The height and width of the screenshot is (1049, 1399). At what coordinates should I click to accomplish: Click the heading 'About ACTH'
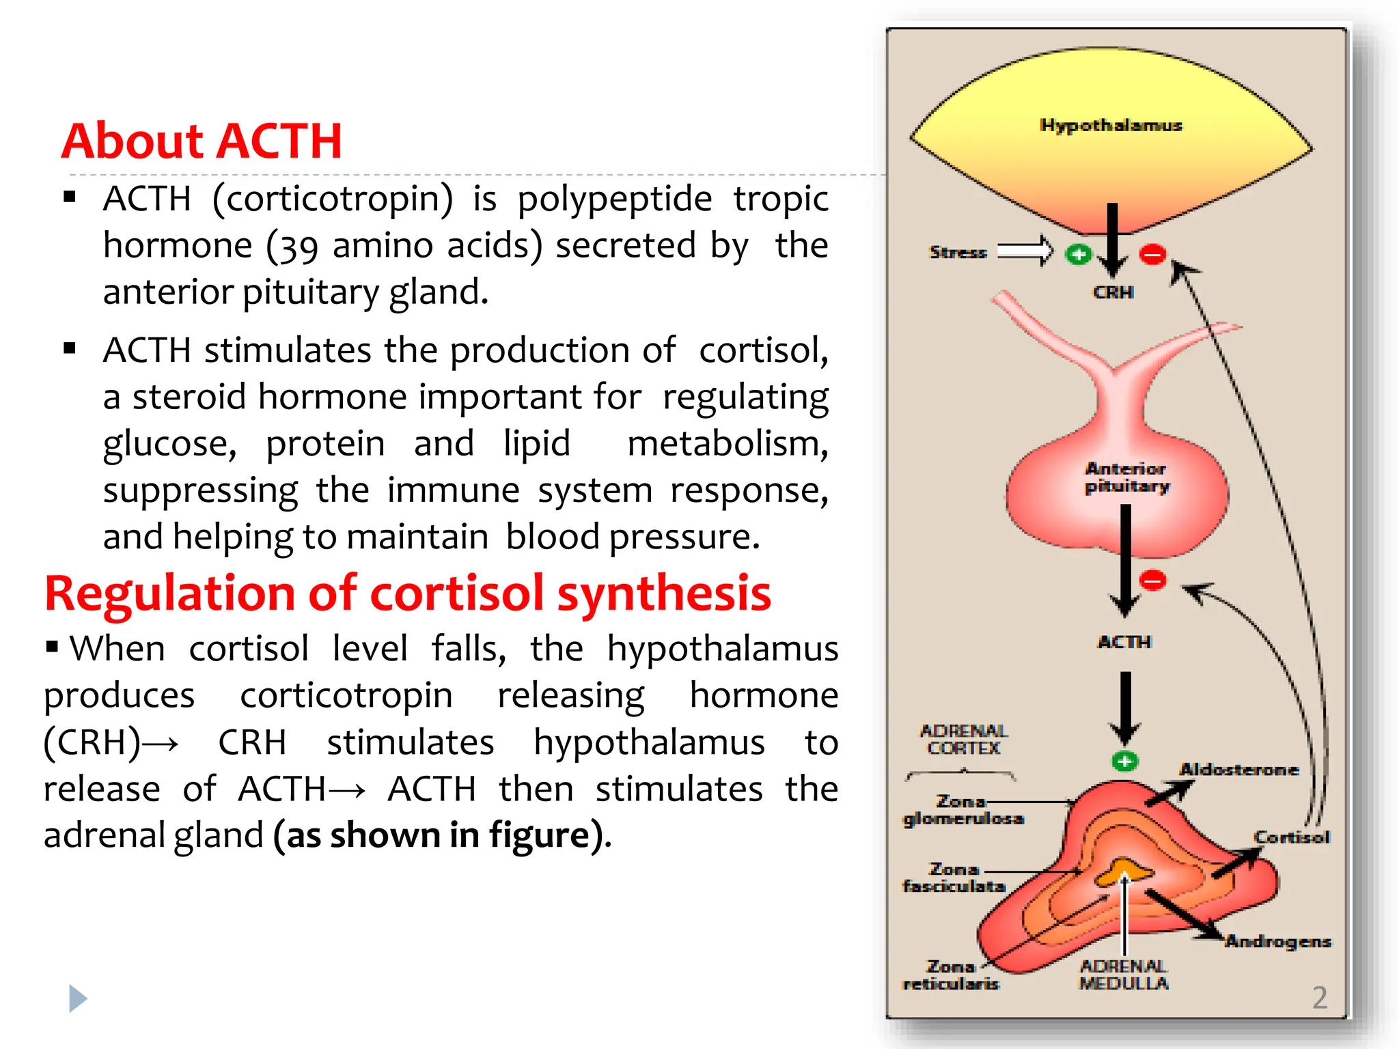tap(202, 141)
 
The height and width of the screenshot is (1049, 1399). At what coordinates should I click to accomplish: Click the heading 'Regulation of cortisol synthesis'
tap(408, 593)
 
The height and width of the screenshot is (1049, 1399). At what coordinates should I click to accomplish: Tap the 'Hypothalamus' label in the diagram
tap(1111, 125)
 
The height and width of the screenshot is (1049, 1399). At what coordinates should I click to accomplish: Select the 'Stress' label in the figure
tap(958, 253)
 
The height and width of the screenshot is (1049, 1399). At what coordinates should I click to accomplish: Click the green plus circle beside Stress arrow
tap(1079, 255)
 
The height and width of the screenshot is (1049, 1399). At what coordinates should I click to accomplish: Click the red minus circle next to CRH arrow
tap(1152, 255)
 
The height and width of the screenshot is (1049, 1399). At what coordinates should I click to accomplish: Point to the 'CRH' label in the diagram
tap(1113, 292)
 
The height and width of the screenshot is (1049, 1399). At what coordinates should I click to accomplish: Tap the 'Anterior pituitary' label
tap(1126, 477)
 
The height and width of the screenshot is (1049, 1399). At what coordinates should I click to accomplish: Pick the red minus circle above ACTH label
tap(1153, 581)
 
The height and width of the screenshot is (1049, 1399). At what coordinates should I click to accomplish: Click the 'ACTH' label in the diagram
tap(1124, 642)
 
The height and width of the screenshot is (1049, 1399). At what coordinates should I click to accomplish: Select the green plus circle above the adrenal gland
tap(1124, 761)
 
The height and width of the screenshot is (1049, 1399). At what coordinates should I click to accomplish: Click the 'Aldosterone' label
tap(1238, 770)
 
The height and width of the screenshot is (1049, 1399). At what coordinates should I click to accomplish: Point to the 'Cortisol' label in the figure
tap(1291, 837)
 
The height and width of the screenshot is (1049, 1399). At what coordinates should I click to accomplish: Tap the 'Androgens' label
tap(1277, 942)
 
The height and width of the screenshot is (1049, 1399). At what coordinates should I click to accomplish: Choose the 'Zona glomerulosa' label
tap(963, 810)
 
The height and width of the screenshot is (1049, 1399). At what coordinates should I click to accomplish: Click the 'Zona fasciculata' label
tap(954, 878)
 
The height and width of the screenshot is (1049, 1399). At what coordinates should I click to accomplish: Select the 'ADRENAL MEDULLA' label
tap(1124, 975)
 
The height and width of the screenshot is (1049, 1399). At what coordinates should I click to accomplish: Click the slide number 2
tap(1320, 998)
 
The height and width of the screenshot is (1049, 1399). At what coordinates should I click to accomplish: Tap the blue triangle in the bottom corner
tap(78, 998)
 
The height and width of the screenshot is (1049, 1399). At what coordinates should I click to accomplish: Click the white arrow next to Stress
tap(1025, 251)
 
